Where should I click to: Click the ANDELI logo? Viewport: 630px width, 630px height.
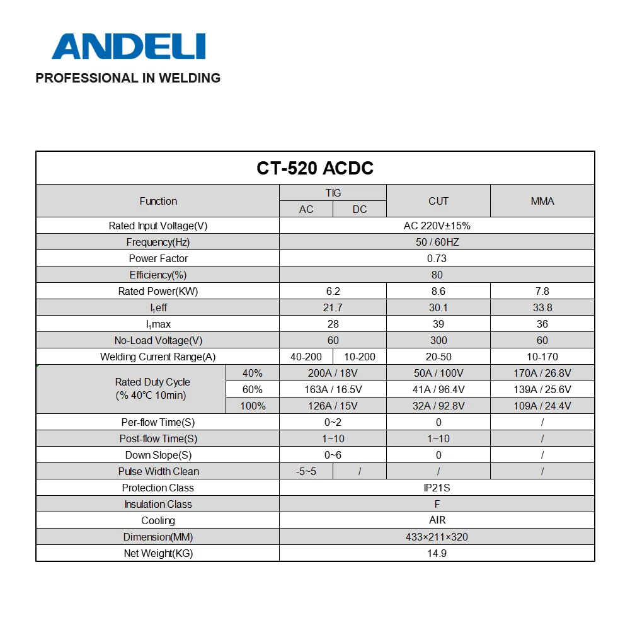click(129, 46)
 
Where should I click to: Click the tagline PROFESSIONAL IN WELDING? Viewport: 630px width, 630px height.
click(128, 78)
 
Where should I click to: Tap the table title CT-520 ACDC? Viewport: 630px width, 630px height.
click(315, 168)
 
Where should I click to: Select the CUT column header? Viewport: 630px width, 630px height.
click(438, 201)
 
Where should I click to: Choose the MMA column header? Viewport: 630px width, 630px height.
click(542, 201)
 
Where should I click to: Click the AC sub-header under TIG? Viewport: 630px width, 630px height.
click(306, 209)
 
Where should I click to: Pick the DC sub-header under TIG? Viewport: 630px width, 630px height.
click(360, 209)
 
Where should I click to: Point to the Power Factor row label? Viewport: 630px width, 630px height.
click(158, 258)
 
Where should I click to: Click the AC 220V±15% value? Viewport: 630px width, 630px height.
click(437, 226)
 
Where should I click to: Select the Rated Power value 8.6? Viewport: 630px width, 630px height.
click(438, 291)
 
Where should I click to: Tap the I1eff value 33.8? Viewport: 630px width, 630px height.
click(542, 307)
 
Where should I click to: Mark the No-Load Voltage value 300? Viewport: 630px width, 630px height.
click(438, 340)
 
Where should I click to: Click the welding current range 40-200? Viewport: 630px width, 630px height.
click(306, 357)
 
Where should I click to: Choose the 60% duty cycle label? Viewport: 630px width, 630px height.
click(253, 389)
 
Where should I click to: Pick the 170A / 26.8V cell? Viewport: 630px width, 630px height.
click(542, 373)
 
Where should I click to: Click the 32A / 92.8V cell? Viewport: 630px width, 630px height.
click(438, 406)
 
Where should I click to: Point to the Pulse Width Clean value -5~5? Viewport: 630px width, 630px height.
click(306, 471)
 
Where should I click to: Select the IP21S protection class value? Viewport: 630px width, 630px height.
click(437, 488)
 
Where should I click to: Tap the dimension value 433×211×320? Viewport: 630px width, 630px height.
click(437, 537)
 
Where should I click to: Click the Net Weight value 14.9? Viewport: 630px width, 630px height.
click(437, 553)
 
